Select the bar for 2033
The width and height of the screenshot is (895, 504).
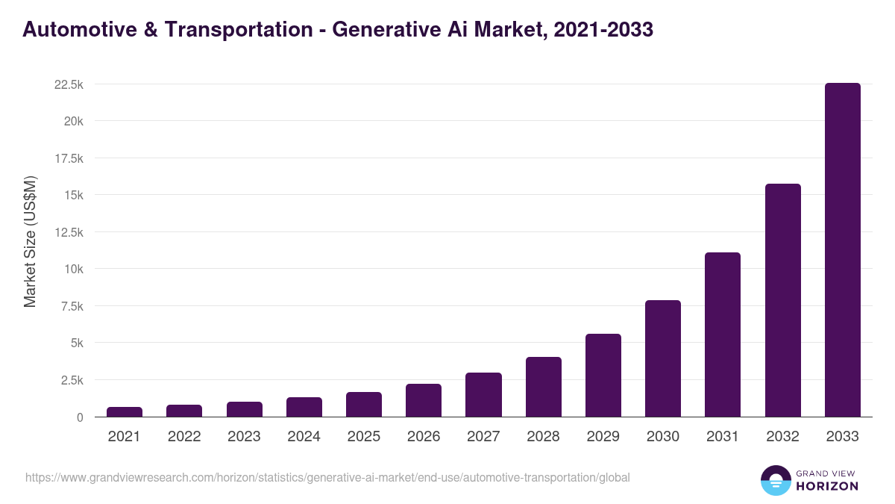(x=842, y=250)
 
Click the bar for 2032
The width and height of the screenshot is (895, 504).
(x=782, y=300)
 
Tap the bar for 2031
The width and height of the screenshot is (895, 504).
(x=723, y=335)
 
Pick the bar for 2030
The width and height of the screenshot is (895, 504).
(x=663, y=358)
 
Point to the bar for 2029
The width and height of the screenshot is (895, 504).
(x=603, y=376)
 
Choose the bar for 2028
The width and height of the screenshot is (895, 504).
(x=544, y=387)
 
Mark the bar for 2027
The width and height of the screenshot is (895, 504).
(x=483, y=395)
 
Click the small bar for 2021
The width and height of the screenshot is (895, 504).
(x=125, y=412)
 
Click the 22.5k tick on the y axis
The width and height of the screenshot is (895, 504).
(x=68, y=85)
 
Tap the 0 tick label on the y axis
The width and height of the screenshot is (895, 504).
(x=78, y=417)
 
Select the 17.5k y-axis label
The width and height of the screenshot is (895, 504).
(x=68, y=159)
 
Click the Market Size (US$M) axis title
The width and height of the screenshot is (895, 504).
(x=30, y=241)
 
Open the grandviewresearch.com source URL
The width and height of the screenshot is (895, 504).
(x=327, y=477)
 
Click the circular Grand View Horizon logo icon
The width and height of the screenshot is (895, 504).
(x=775, y=480)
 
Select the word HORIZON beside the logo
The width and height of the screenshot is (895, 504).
(x=826, y=486)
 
